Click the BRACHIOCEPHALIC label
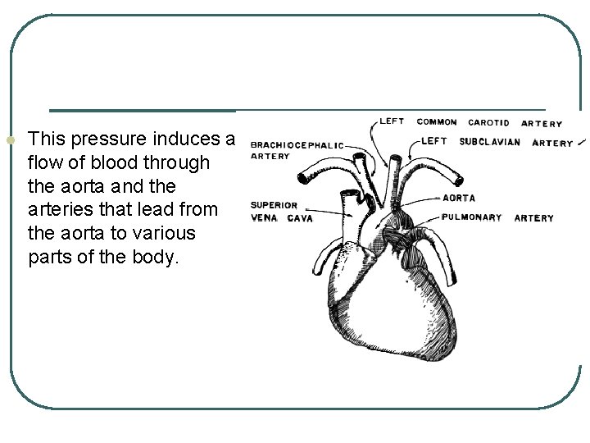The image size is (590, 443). [297, 145]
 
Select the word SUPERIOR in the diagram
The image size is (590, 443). [274, 205]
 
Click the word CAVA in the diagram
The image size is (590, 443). [300, 218]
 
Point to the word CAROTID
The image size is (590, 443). [488, 123]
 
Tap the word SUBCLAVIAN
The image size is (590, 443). [489, 142]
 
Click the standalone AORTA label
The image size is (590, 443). [458, 199]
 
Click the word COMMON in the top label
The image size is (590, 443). [437, 122]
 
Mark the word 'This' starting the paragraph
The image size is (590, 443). [43, 139]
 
